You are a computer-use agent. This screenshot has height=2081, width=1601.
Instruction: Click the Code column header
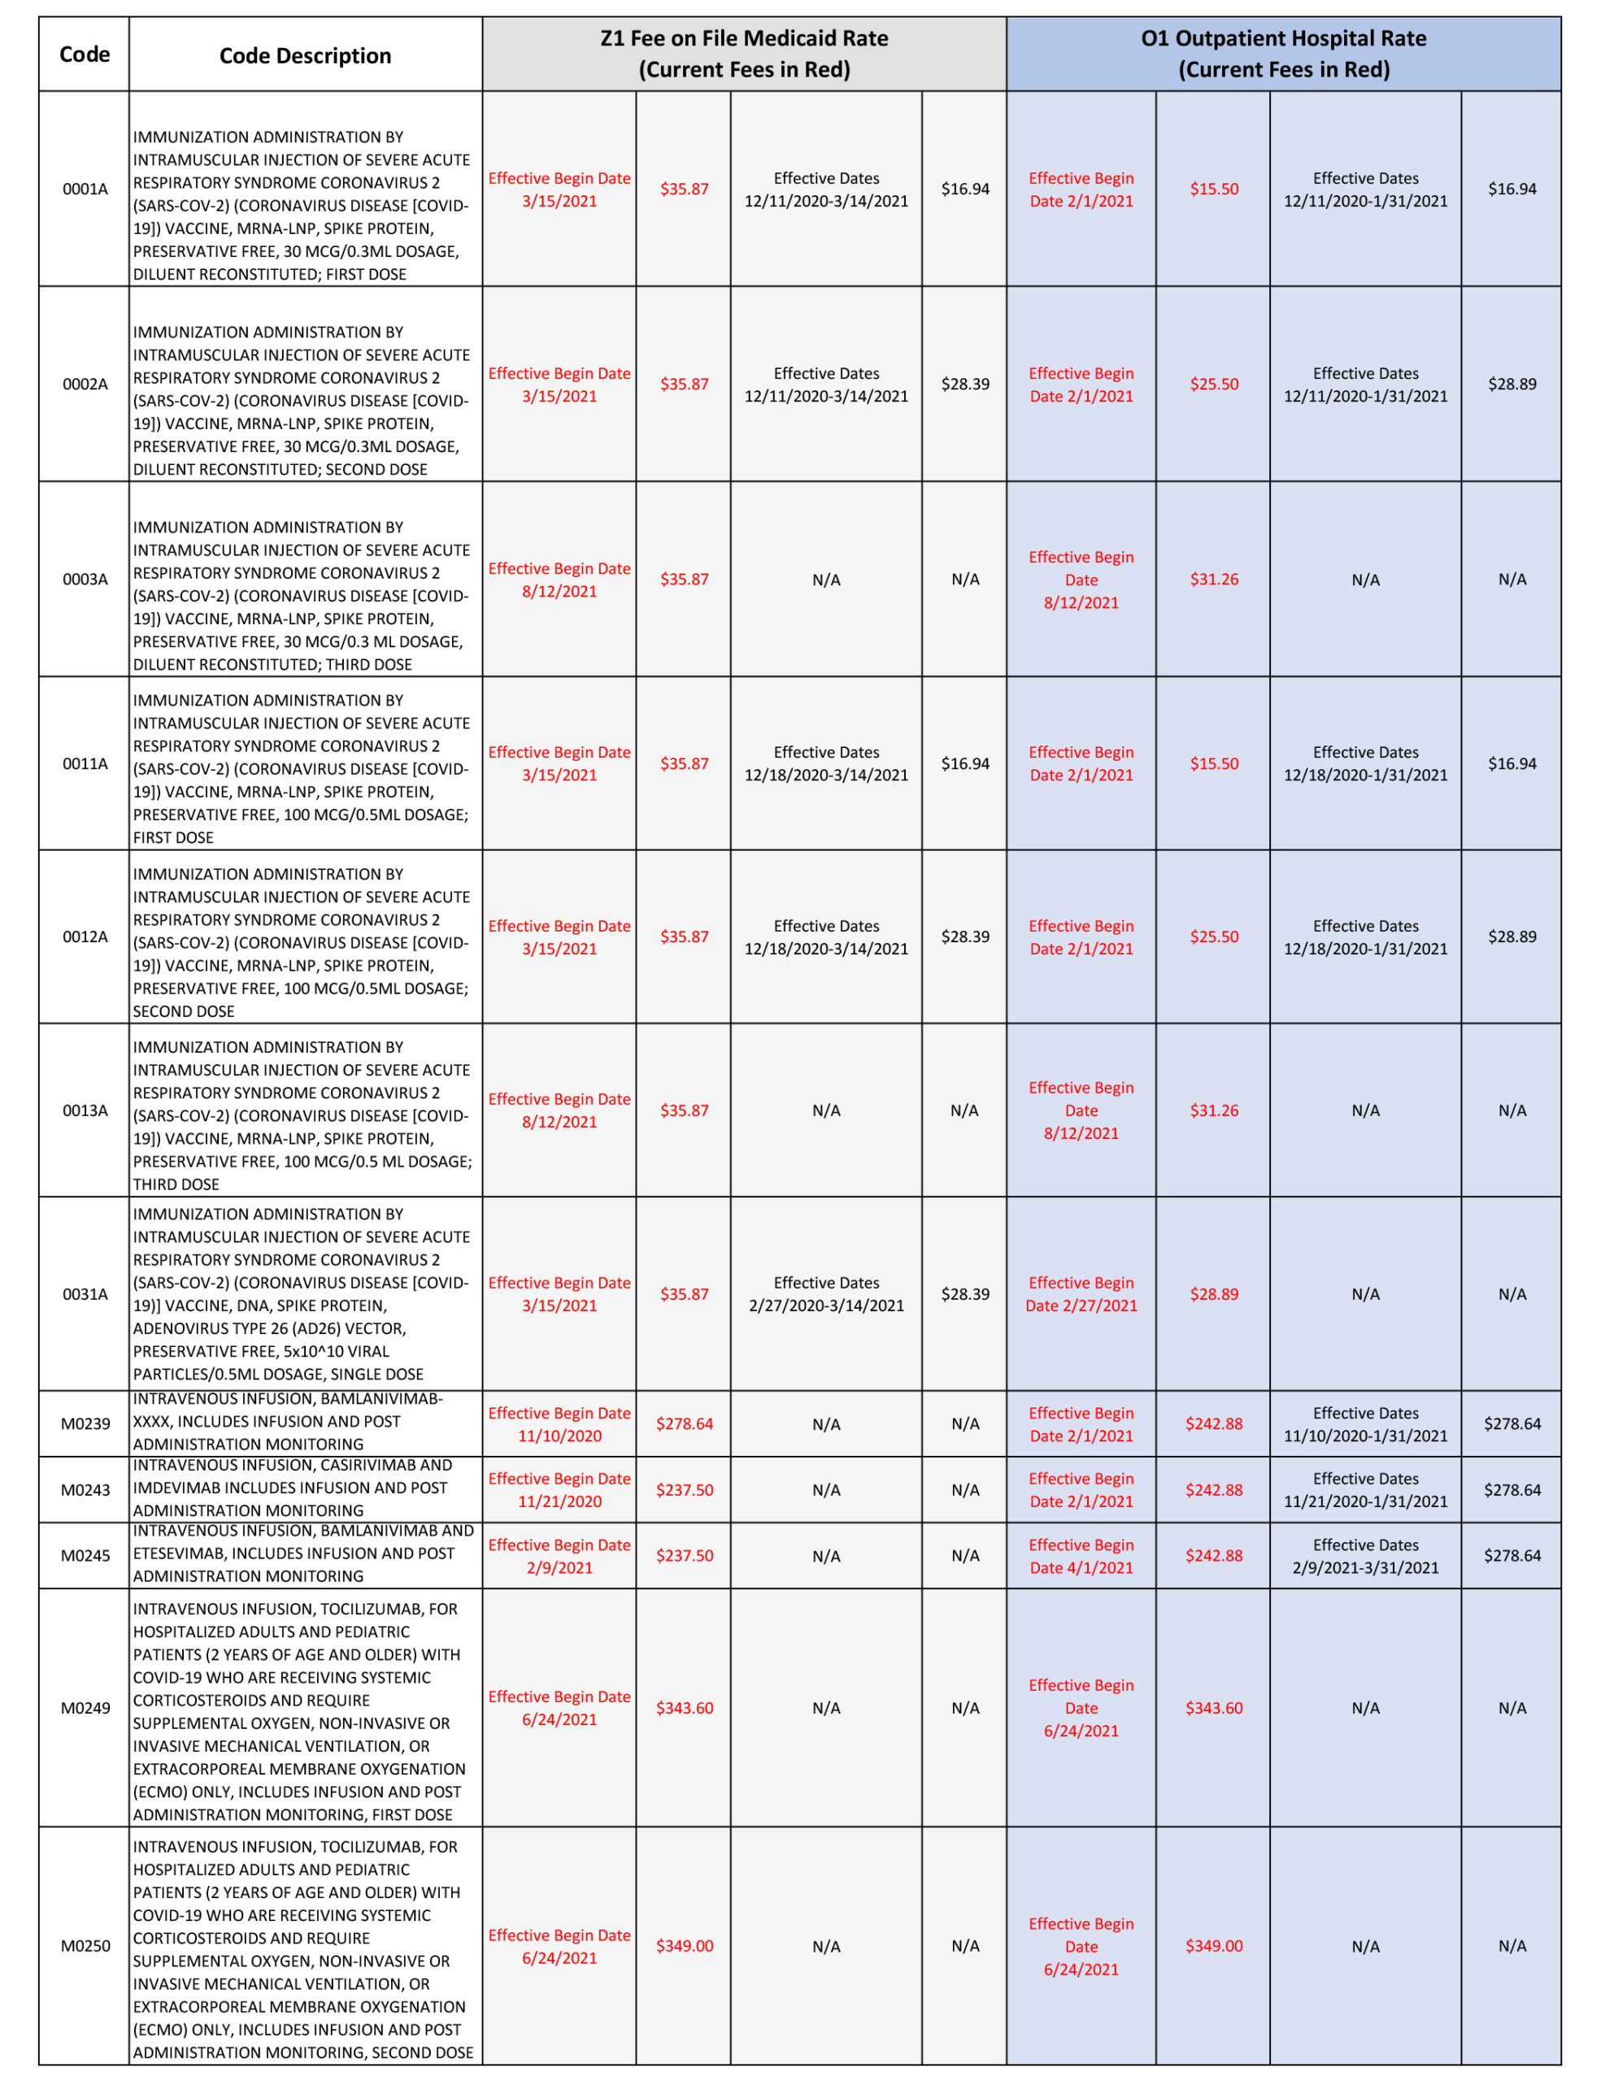84,54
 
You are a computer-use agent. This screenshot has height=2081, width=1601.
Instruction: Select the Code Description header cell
305,55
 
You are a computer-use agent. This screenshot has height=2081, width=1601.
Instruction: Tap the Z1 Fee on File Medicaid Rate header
743,54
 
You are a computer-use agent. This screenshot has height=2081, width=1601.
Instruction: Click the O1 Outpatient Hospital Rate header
1283,54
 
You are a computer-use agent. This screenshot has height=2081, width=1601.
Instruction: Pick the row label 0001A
85,189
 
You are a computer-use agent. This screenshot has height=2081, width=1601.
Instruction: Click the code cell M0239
85,1423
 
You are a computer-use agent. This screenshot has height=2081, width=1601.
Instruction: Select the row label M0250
85,1946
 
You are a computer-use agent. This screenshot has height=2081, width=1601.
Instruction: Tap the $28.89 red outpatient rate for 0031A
1213,1294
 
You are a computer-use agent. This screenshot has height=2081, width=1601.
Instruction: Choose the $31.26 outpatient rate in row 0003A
1213,580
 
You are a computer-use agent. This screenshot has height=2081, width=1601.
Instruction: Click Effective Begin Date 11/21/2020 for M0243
559,1489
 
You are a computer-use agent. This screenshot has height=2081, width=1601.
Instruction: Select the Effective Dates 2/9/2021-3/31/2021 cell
1364,1555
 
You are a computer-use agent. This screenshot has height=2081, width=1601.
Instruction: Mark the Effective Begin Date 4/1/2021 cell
1081,1555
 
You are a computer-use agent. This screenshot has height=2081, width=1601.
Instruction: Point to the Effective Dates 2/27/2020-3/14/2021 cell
825,1294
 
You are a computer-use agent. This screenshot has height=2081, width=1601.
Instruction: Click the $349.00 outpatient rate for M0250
1213,1946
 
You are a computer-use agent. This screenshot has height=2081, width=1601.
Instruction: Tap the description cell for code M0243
305,1488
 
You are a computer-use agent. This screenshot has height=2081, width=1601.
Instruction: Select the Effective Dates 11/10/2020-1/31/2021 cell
1364,1423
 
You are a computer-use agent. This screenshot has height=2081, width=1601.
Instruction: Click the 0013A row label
85,1110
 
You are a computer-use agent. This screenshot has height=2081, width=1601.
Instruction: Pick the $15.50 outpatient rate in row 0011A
1213,763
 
